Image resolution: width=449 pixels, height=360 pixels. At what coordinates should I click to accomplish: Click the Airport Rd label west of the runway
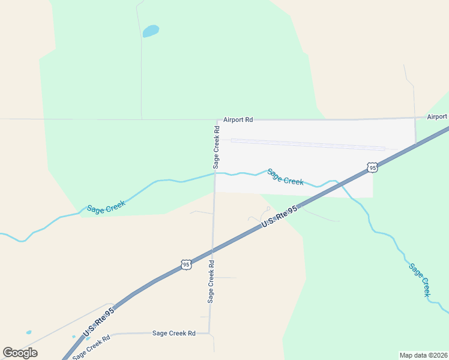click(x=238, y=120)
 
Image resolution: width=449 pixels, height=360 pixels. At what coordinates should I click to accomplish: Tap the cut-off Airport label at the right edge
click(x=437, y=116)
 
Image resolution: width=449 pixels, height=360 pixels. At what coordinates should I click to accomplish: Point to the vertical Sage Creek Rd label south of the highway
click(x=211, y=281)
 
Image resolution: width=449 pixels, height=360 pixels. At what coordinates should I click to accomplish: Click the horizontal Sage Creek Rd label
click(x=174, y=333)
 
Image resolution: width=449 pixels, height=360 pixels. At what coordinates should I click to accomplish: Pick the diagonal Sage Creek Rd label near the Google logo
click(x=92, y=347)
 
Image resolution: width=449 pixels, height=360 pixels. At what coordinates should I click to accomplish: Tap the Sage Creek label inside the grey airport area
click(x=285, y=177)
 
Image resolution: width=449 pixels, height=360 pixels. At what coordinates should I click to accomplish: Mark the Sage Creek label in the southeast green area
click(x=420, y=279)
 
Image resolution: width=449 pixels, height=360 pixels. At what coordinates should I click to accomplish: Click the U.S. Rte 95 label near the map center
click(x=280, y=217)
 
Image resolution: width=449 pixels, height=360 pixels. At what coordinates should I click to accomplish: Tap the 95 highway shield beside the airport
click(x=373, y=167)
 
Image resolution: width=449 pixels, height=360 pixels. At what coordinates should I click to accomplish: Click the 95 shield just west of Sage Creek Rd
click(x=186, y=264)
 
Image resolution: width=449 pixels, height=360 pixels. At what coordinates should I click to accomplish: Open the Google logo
click(x=20, y=353)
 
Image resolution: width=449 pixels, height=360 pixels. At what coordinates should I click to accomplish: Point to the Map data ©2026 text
click(x=423, y=355)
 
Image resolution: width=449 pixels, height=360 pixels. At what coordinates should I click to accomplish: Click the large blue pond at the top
click(x=151, y=31)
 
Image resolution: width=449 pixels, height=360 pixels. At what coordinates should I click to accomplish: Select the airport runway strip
click(x=308, y=144)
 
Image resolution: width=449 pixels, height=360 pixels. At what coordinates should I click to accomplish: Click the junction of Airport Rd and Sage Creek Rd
click(x=217, y=120)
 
